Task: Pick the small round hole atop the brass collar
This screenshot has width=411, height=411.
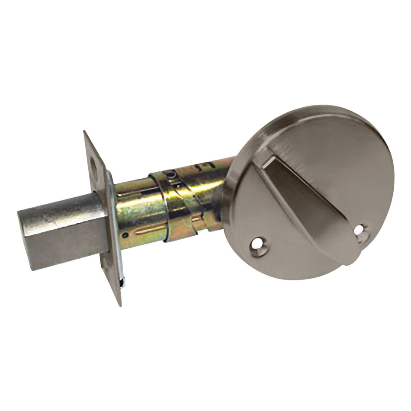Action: pyautogui.click(x=173, y=175)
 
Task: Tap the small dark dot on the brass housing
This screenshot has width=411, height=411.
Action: pyautogui.click(x=125, y=235)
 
